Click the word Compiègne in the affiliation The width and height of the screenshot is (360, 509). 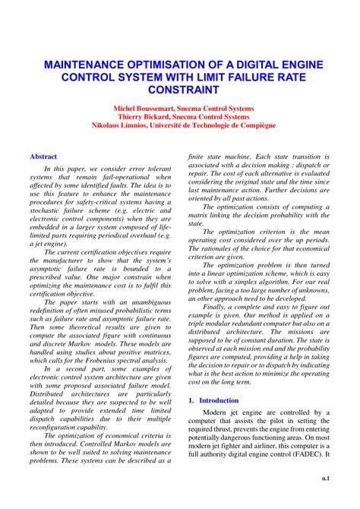pyautogui.click(x=254, y=125)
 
